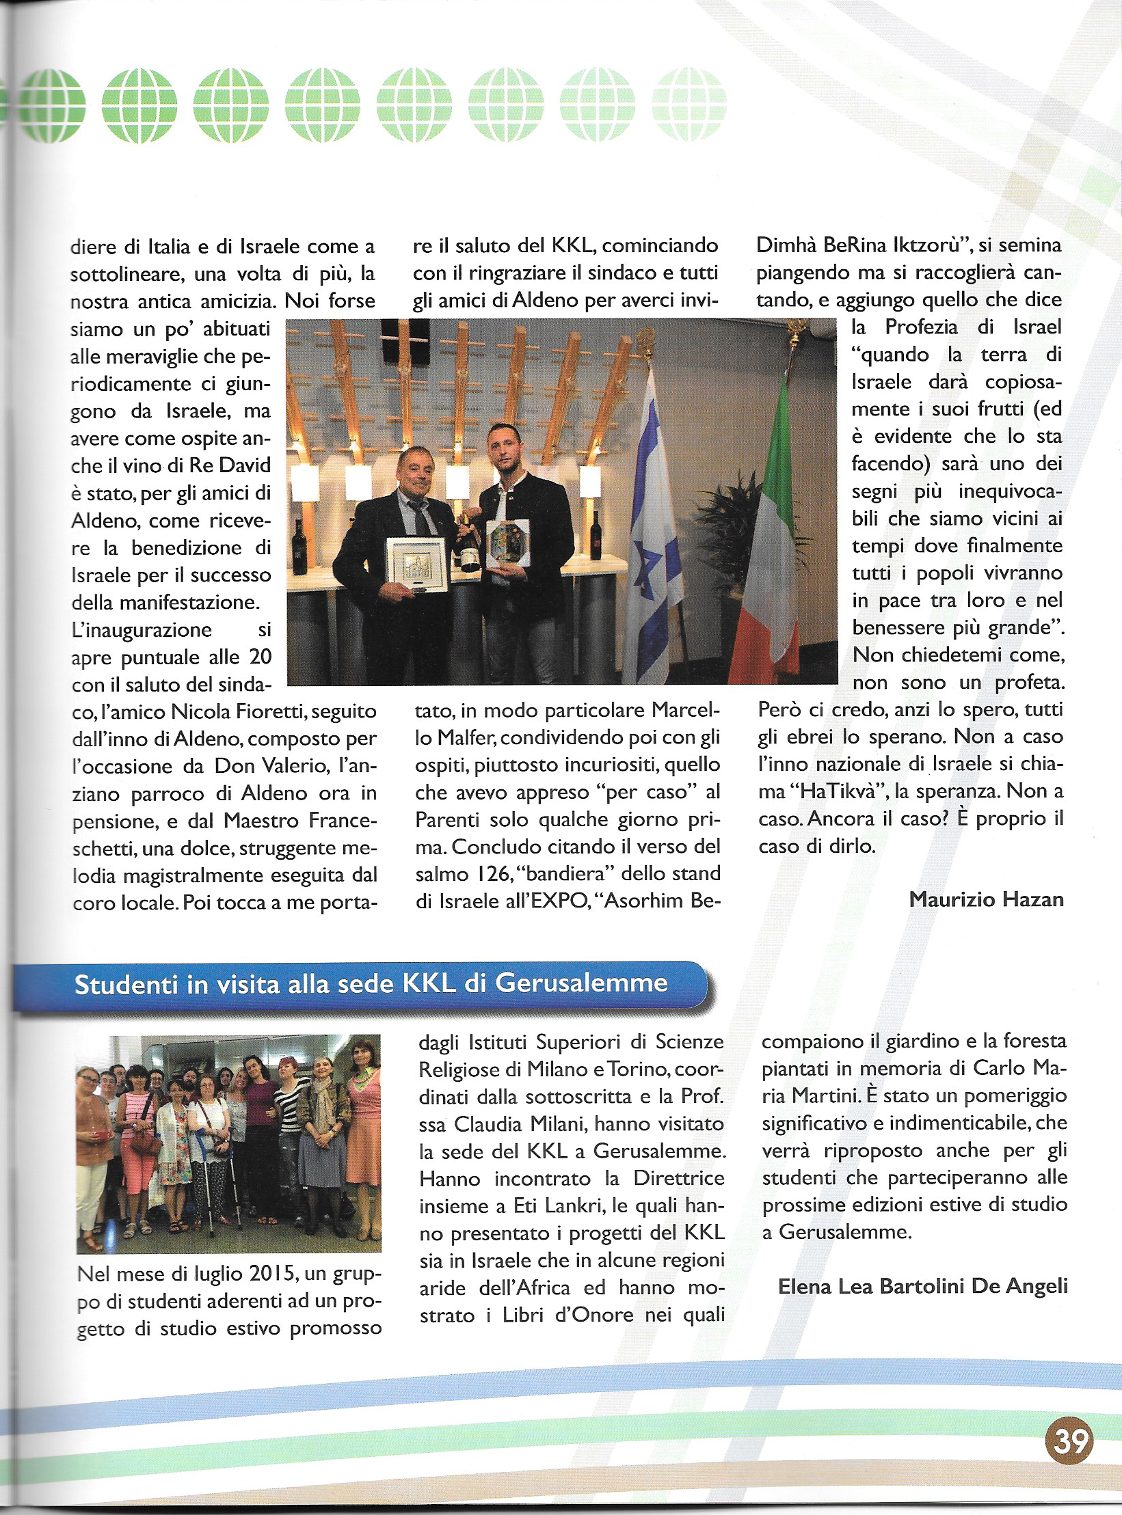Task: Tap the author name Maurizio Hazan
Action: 986,899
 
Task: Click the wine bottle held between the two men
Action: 468,543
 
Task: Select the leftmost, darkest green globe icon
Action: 49,106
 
